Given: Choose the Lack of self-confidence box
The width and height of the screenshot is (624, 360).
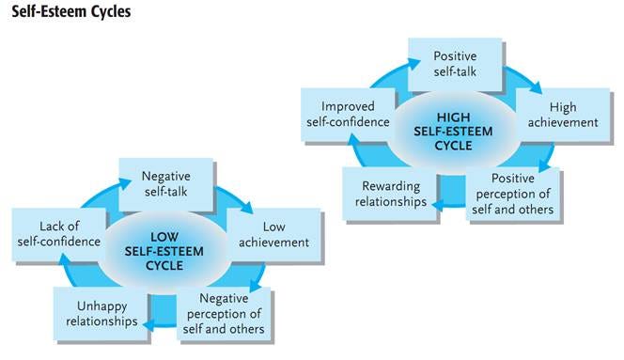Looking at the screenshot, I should click(x=57, y=233).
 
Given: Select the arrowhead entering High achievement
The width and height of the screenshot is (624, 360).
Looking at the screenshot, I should click(x=536, y=87).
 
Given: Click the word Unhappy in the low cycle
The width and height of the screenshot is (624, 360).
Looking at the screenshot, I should click(x=100, y=306).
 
